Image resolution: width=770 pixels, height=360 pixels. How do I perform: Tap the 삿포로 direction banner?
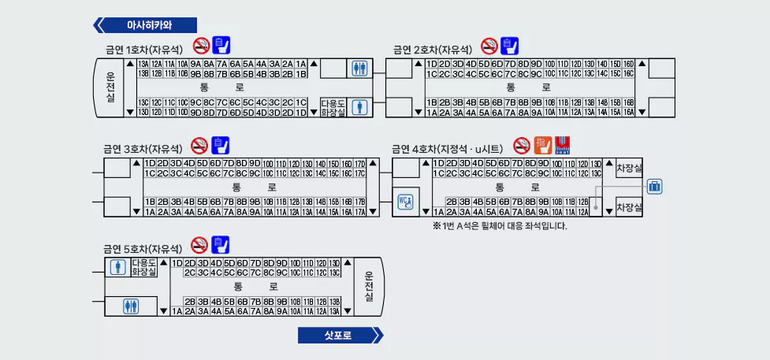pyautogui.click(x=340, y=336)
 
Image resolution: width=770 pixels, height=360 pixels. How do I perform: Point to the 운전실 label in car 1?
pyautogui.click(x=110, y=87)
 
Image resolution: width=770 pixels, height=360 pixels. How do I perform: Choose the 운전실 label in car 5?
pyautogui.click(x=368, y=286)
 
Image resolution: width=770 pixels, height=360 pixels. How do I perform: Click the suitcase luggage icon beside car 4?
pyautogui.click(x=654, y=187)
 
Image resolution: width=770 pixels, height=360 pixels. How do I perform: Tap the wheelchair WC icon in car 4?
pyautogui.click(x=406, y=202)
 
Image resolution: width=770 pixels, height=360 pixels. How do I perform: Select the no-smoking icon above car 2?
pyautogui.click(x=489, y=46)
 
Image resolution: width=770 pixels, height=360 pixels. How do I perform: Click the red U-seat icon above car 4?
pyautogui.click(x=562, y=145)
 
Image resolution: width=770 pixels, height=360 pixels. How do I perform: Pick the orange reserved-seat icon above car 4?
pyautogui.click(x=542, y=145)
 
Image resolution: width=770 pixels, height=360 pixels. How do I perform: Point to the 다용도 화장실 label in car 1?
pyautogui.click(x=333, y=108)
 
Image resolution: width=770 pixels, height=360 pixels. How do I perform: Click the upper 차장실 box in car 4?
pyautogui.click(x=629, y=168)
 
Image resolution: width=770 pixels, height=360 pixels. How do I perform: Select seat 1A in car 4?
pyautogui.click(x=439, y=212)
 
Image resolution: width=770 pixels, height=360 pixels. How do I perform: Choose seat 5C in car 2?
pyautogui.click(x=485, y=74)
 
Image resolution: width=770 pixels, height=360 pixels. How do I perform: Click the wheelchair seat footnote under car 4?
pyautogui.click(x=499, y=226)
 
